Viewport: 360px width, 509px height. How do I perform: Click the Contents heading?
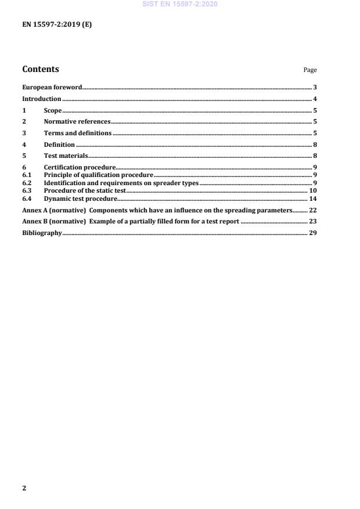[x=41, y=69]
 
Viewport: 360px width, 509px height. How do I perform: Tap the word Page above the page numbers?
[x=310, y=70]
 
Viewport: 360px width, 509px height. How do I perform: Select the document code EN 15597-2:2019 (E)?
[x=57, y=25]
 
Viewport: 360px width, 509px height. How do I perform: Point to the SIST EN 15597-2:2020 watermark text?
[x=179, y=5]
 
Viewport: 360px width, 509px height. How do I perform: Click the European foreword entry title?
[x=52, y=87]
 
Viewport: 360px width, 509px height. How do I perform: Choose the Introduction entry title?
[x=41, y=99]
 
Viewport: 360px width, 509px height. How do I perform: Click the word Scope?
[x=53, y=110]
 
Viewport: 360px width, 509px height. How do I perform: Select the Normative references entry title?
[x=77, y=122]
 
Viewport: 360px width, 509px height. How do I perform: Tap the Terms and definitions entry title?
[x=78, y=133]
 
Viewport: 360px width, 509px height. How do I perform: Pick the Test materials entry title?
[x=66, y=156]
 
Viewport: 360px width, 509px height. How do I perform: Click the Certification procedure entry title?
[x=80, y=168]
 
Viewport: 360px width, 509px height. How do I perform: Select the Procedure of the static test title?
[x=85, y=190]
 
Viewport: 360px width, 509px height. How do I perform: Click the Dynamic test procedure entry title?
[x=81, y=198]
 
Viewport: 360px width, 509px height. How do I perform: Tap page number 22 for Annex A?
[x=312, y=210]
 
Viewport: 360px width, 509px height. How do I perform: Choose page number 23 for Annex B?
[x=312, y=221]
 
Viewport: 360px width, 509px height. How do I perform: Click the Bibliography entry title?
[x=42, y=233]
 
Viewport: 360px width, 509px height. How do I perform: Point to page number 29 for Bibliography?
[x=312, y=233]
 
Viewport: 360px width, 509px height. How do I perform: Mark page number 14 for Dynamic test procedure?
[x=312, y=198]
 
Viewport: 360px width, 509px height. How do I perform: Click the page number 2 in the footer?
[x=24, y=488]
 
